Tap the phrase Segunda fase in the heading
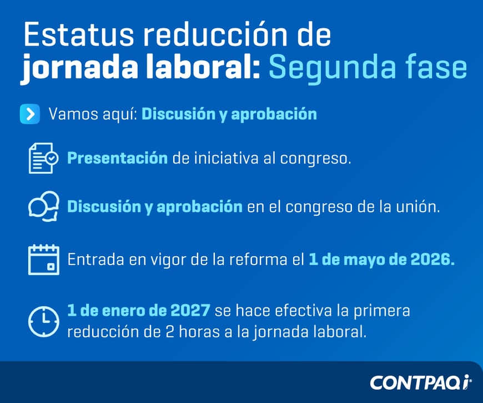pos(368,68)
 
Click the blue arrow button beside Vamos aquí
pos(29,114)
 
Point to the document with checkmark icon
pos(43,158)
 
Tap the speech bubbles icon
pos(43,207)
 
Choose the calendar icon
pos(43,259)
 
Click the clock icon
pos(43,321)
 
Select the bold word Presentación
pos(117,158)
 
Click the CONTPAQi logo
pos(420,382)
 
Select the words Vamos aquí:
pos(92,114)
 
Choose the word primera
pos(383,310)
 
